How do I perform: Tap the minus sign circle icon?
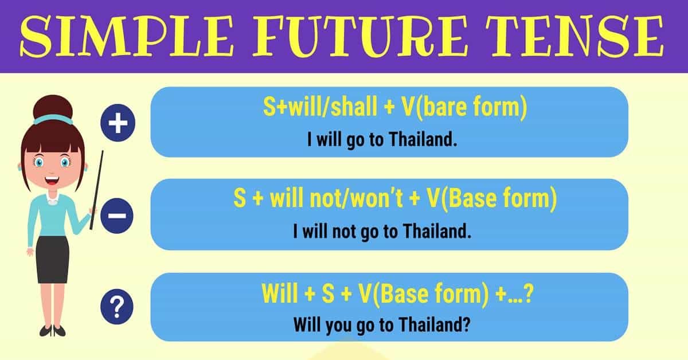[x=117, y=217]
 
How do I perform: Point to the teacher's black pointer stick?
[x=96, y=189]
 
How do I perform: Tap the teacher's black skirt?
[x=53, y=258]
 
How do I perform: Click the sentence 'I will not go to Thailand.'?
[x=382, y=232]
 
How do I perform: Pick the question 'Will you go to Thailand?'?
[x=382, y=325]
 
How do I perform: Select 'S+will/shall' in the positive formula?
[x=312, y=108]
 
